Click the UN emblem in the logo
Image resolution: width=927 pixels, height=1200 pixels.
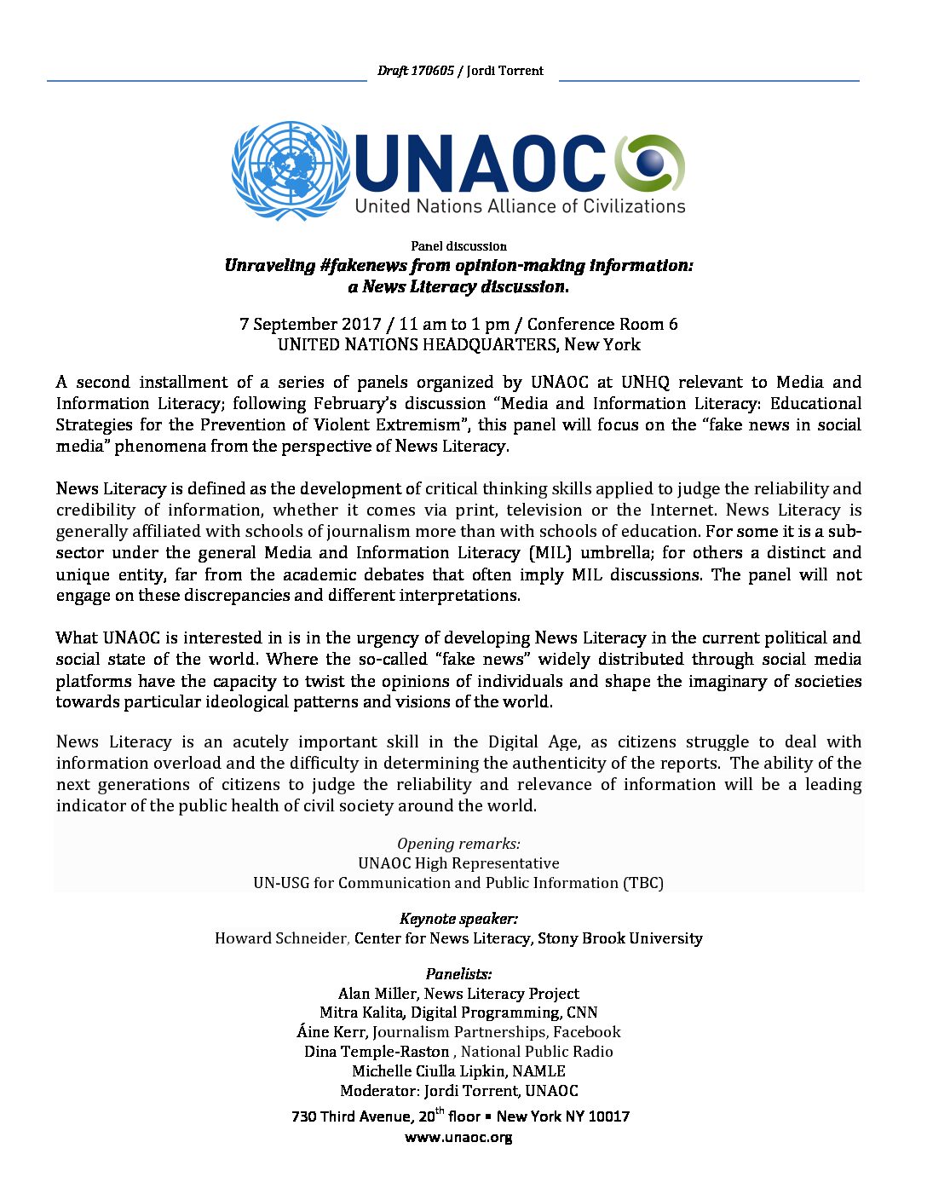(291, 170)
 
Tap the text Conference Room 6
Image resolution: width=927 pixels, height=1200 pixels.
(602, 324)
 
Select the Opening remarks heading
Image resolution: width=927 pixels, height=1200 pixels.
(458, 844)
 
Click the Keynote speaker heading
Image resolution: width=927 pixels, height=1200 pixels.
(458, 919)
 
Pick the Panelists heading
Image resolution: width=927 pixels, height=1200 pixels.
(458, 974)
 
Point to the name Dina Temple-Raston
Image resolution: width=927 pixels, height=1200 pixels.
(377, 1052)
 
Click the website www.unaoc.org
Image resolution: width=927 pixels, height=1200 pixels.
(458, 1138)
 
